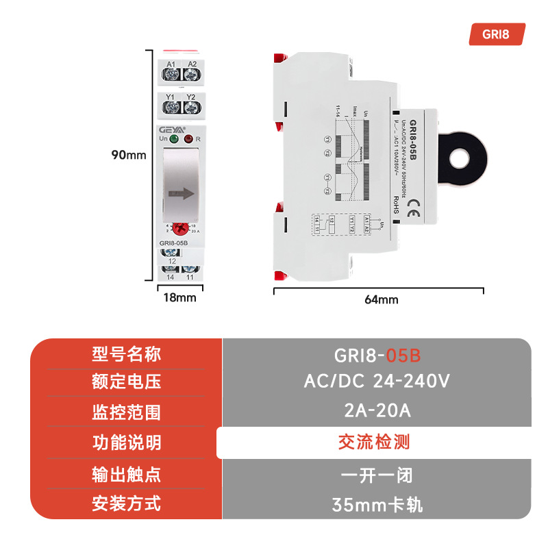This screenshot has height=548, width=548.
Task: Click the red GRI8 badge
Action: click(497, 34)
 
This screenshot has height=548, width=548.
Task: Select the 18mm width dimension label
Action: click(179, 297)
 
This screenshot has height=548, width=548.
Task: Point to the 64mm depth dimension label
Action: click(381, 299)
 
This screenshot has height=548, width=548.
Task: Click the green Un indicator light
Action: click(174, 140)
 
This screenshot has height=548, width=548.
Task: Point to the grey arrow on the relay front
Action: click(181, 194)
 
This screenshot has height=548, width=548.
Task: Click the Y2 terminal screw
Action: click(191, 108)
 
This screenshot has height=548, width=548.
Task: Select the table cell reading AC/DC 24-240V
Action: click(377, 381)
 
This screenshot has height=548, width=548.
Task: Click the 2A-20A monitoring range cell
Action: click(377, 411)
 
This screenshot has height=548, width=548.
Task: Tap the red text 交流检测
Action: click(374, 442)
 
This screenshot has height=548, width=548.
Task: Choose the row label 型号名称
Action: click(126, 354)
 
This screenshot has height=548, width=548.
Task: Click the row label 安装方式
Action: click(126, 504)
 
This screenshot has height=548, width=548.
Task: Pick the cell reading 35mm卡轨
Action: click(377, 506)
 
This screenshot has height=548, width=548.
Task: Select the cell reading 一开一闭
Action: click(377, 474)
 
